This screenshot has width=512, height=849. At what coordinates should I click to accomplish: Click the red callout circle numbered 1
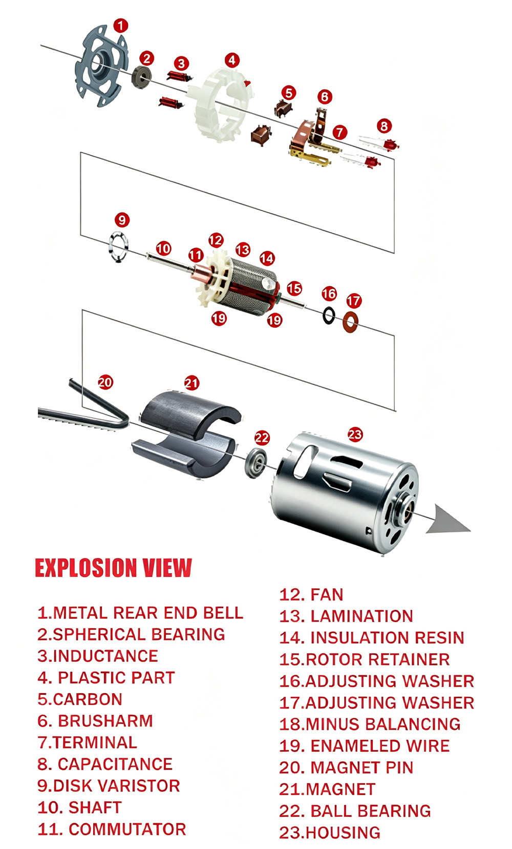click(x=120, y=26)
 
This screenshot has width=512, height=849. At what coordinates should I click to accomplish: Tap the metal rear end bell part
click(x=101, y=66)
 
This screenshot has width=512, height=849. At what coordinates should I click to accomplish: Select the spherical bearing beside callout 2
click(x=141, y=77)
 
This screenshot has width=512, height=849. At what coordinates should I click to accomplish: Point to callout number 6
click(x=325, y=97)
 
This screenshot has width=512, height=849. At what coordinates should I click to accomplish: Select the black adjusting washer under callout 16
click(x=329, y=315)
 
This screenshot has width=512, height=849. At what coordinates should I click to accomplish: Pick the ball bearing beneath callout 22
click(x=255, y=463)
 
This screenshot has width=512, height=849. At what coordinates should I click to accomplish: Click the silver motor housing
click(x=345, y=491)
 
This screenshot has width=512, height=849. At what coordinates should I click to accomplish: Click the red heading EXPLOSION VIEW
click(x=113, y=568)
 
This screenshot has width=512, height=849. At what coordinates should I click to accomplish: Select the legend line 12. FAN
click(x=311, y=595)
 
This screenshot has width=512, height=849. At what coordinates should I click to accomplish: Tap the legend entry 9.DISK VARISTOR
click(x=109, y=785)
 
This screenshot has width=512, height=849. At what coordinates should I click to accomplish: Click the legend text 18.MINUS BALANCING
click(x=370, y=724)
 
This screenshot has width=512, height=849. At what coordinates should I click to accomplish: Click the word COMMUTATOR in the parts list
click(x=127, y=829)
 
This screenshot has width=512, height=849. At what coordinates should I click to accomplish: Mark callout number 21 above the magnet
click(x=191, y=383)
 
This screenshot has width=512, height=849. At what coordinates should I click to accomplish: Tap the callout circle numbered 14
click(x=267, y=258)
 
